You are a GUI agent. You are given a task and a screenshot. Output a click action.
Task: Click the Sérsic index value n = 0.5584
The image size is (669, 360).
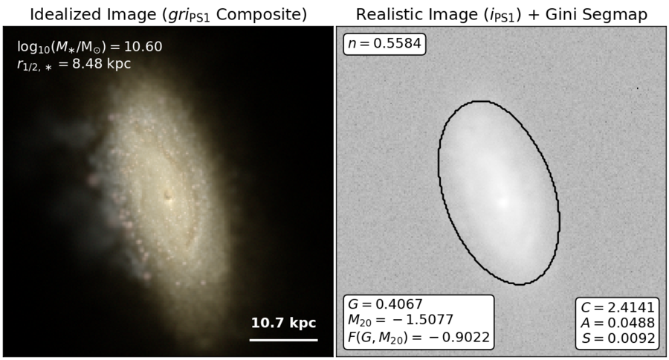[x=384, y=44]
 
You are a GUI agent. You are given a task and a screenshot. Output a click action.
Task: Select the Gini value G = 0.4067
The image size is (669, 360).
[x=385, y=304]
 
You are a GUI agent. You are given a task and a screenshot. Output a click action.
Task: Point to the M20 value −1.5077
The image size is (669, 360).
[x=401, y=321]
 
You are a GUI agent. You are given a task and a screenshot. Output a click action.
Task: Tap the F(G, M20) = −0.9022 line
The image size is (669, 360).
[x=418, y=337]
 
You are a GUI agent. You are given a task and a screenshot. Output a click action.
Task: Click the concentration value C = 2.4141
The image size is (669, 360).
[x=618, y=307]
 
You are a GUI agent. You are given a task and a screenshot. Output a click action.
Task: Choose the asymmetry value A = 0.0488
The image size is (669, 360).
[x=618, y=323]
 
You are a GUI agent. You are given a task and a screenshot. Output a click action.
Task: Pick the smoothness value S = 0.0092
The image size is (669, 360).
[x=618, y=338]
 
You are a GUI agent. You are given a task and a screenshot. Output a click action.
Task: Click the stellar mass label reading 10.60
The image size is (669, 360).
[x=90, y=47]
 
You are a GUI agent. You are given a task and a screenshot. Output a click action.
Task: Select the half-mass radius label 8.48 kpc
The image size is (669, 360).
[x=74, y=64]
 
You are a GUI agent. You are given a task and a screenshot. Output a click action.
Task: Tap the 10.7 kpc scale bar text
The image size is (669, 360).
[x=283, y=323]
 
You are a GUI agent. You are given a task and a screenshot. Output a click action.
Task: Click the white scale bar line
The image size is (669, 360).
[x=283, y=340]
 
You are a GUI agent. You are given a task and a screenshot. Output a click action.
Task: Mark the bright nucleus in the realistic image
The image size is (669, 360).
[x=503, y=202]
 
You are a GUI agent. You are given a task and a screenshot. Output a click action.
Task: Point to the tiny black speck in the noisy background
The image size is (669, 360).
[x=638, y=89]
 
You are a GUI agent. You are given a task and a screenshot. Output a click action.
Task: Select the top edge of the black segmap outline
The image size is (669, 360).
[x=481, y=101]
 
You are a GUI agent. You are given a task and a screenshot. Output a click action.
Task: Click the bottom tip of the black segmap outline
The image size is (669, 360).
[x=520, y=284]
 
